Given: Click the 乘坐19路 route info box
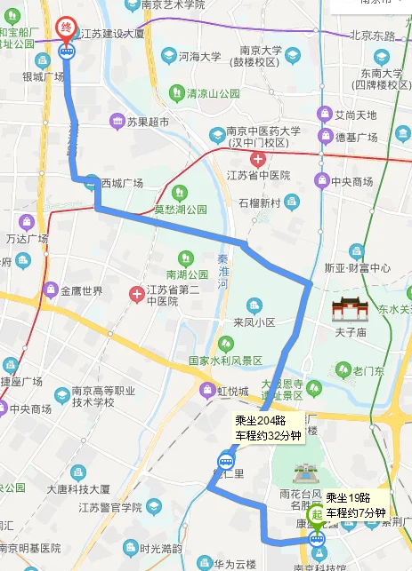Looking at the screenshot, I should pos(355,504).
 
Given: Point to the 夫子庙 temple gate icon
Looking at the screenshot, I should pos(349,310).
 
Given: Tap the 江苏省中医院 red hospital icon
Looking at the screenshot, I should pos(258,160).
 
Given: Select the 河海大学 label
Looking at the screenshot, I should pos(198,56).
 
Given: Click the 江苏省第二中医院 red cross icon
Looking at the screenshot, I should pos(136,294).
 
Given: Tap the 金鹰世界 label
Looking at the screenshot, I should pos(81,290).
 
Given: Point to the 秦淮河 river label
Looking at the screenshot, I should pos(224,272).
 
